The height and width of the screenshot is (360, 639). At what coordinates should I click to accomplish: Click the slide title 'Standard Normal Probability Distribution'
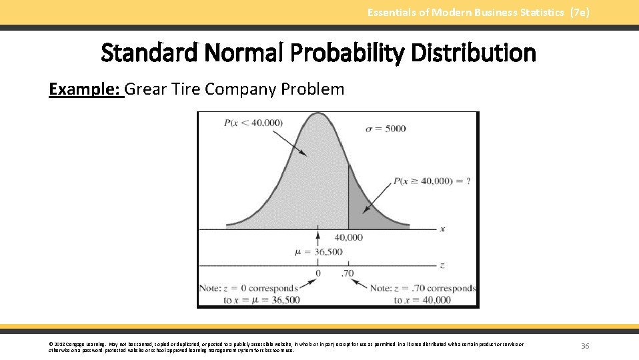click(x=318, y=53)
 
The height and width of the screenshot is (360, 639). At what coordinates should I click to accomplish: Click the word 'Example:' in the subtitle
click(x=86, y=89)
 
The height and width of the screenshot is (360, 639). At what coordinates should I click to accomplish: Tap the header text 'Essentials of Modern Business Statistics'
click(x=466, y=13)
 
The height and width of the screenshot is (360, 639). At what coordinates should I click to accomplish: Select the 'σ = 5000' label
click(x=386, y=128)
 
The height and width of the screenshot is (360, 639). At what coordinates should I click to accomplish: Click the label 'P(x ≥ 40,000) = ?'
click(x=432, y=181)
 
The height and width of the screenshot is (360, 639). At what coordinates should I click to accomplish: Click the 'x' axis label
click(x=442, y=229)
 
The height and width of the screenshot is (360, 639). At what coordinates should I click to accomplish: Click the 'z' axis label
click(x=442, y=265)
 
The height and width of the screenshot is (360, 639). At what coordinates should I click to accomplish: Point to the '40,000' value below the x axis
click(x=348, y=237)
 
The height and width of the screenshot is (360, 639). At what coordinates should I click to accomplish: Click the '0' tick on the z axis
click(x=317, y=273)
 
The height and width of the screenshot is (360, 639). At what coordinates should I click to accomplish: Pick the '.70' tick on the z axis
click(x=348, y=273)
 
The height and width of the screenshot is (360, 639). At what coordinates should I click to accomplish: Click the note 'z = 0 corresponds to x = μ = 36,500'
click(x=249, y=294)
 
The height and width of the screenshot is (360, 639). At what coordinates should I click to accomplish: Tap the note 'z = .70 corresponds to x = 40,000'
click(x=422, y=294)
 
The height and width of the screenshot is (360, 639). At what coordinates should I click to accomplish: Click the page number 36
click(x=585, y=346)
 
